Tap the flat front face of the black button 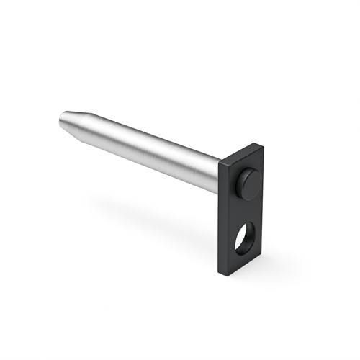point(251,182)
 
